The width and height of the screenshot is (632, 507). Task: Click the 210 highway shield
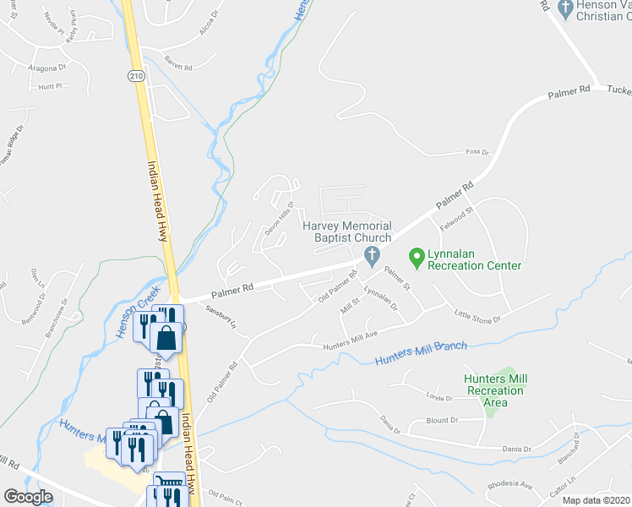[x=136, y=76]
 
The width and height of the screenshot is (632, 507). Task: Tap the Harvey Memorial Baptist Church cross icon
[x=370, y=254]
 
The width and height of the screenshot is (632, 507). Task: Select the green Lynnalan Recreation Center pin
[x=416, y=254]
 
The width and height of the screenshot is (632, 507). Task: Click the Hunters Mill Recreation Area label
[x=494, y=390]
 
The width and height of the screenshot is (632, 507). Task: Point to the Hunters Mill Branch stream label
[x=420, y=354]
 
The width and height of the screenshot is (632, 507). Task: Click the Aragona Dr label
[x=47, y=68]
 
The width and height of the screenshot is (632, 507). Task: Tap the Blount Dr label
[x=442, y=419]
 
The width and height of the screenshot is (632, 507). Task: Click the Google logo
[x=28, y=496]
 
